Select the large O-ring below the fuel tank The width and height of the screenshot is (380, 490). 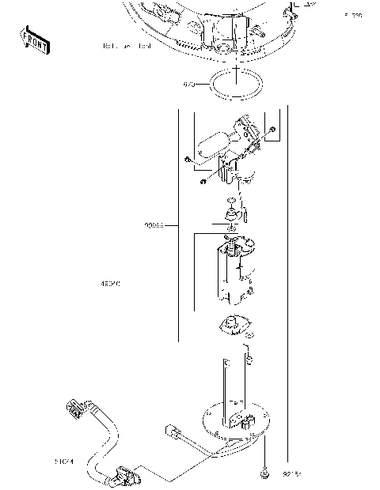pos(237,83)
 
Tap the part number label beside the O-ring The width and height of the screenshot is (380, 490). pos(189,83)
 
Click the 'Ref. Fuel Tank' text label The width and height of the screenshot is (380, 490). pos(127,47)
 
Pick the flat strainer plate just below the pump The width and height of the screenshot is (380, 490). pos(234,326)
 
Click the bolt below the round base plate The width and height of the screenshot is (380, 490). pos(265,474)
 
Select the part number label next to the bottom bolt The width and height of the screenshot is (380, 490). pos(291,474)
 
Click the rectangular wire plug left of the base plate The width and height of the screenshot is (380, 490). pos(173,432)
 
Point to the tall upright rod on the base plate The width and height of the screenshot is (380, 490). pos(226,387)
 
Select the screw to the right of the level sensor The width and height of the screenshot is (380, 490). pos(272,130)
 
